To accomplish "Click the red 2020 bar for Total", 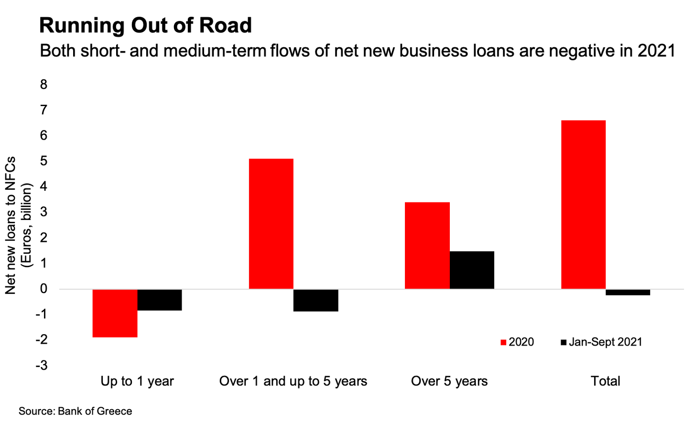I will (x=583, y=205).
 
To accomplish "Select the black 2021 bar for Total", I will (x=628, y=292).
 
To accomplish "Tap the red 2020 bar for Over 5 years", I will (x=427, y=246).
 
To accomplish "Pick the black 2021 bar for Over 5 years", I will (x=472, y=270).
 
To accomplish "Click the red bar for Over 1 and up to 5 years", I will (x=271, y=224).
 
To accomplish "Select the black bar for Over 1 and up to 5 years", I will (x=316, y=300).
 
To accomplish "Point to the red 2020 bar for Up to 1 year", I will (x=115, y=313).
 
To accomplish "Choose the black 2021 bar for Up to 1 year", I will (x=160, y=300).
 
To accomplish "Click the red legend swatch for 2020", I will (x=503, y=342).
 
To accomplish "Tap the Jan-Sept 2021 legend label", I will (x=605, y=342).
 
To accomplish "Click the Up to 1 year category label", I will (x=137, y=381).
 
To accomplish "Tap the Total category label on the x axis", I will (x=605, y=381).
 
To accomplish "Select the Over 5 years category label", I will (x=449, y=381).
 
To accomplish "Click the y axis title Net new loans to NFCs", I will (x=11, y=225).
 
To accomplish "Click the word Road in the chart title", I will (x=228, y=25).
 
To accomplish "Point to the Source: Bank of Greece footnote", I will (x=75, y=411).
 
